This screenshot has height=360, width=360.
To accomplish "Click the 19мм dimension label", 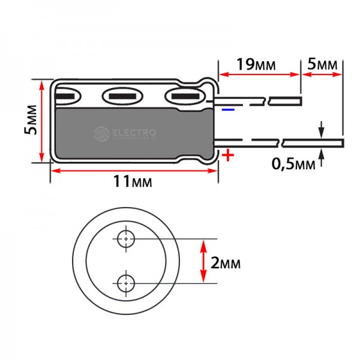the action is tap(256, 65).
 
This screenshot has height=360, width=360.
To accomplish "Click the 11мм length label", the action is tap(133, 181).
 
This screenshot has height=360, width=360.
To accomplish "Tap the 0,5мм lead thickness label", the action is tap(293, 164).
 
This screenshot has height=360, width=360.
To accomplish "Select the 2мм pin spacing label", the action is tap(226, 263).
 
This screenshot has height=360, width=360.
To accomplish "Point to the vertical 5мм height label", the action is tap(31, 119).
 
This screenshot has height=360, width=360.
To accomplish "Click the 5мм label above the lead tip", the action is tap(323, 64).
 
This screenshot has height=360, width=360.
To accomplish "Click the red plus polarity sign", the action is tap(228, 155).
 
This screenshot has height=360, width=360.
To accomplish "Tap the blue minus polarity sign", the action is tap(228, 110).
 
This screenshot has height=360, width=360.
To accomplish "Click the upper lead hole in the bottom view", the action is tap(126, 239).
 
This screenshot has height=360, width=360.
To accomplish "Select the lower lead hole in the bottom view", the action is tap(126, 284).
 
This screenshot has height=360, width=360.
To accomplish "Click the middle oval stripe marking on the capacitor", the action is tap(122, 96).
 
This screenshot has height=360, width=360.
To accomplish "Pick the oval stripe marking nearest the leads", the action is tap(185, 96).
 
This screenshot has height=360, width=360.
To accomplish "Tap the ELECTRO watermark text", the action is tap(134, 133).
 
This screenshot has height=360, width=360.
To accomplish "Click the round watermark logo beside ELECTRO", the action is tap(101, 134).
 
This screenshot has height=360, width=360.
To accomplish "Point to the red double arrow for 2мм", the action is tap(203, 261).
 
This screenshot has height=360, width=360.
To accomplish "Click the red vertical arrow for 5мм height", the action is tap(41, 121).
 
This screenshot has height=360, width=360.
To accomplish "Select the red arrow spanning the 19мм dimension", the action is tap(259, 74).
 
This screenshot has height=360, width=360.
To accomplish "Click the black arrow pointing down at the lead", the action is tap(322, 130).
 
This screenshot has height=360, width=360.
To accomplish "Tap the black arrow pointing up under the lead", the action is tap(322, 157).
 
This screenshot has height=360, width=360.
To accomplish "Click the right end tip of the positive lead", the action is tap(343, 143).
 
